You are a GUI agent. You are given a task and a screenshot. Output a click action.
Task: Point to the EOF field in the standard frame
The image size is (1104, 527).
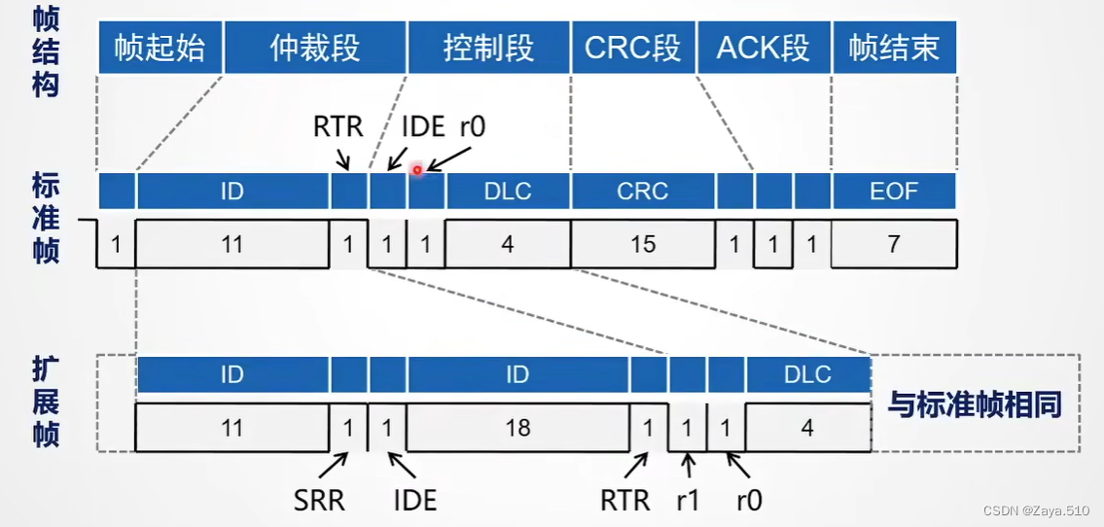coord(894,191)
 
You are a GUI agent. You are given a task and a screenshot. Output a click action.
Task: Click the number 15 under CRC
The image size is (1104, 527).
coord(643,243)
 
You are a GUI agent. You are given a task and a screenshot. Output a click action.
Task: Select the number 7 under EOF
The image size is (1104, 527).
coord(894,243)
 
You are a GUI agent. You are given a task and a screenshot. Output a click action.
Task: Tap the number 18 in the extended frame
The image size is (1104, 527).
coord(518,427)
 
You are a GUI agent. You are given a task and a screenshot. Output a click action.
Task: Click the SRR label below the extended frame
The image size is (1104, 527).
coord(319,500)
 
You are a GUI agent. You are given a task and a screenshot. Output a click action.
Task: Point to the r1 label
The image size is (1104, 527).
coord(687,500)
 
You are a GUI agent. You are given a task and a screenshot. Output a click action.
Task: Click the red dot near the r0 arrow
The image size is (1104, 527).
coord(417,170)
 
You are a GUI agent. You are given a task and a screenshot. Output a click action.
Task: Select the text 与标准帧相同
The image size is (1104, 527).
coord(974,404)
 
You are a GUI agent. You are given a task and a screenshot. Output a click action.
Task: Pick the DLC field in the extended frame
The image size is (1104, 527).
coord(808,374)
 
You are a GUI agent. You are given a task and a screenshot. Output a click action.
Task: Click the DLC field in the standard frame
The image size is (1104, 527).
coord(508,191)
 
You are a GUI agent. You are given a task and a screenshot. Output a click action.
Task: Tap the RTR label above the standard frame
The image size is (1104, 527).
coord(338,127)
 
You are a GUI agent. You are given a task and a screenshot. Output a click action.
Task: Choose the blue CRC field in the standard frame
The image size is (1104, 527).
coord(643,191)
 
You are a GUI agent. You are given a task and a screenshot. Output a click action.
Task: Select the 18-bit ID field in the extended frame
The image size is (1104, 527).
coord(518,374)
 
